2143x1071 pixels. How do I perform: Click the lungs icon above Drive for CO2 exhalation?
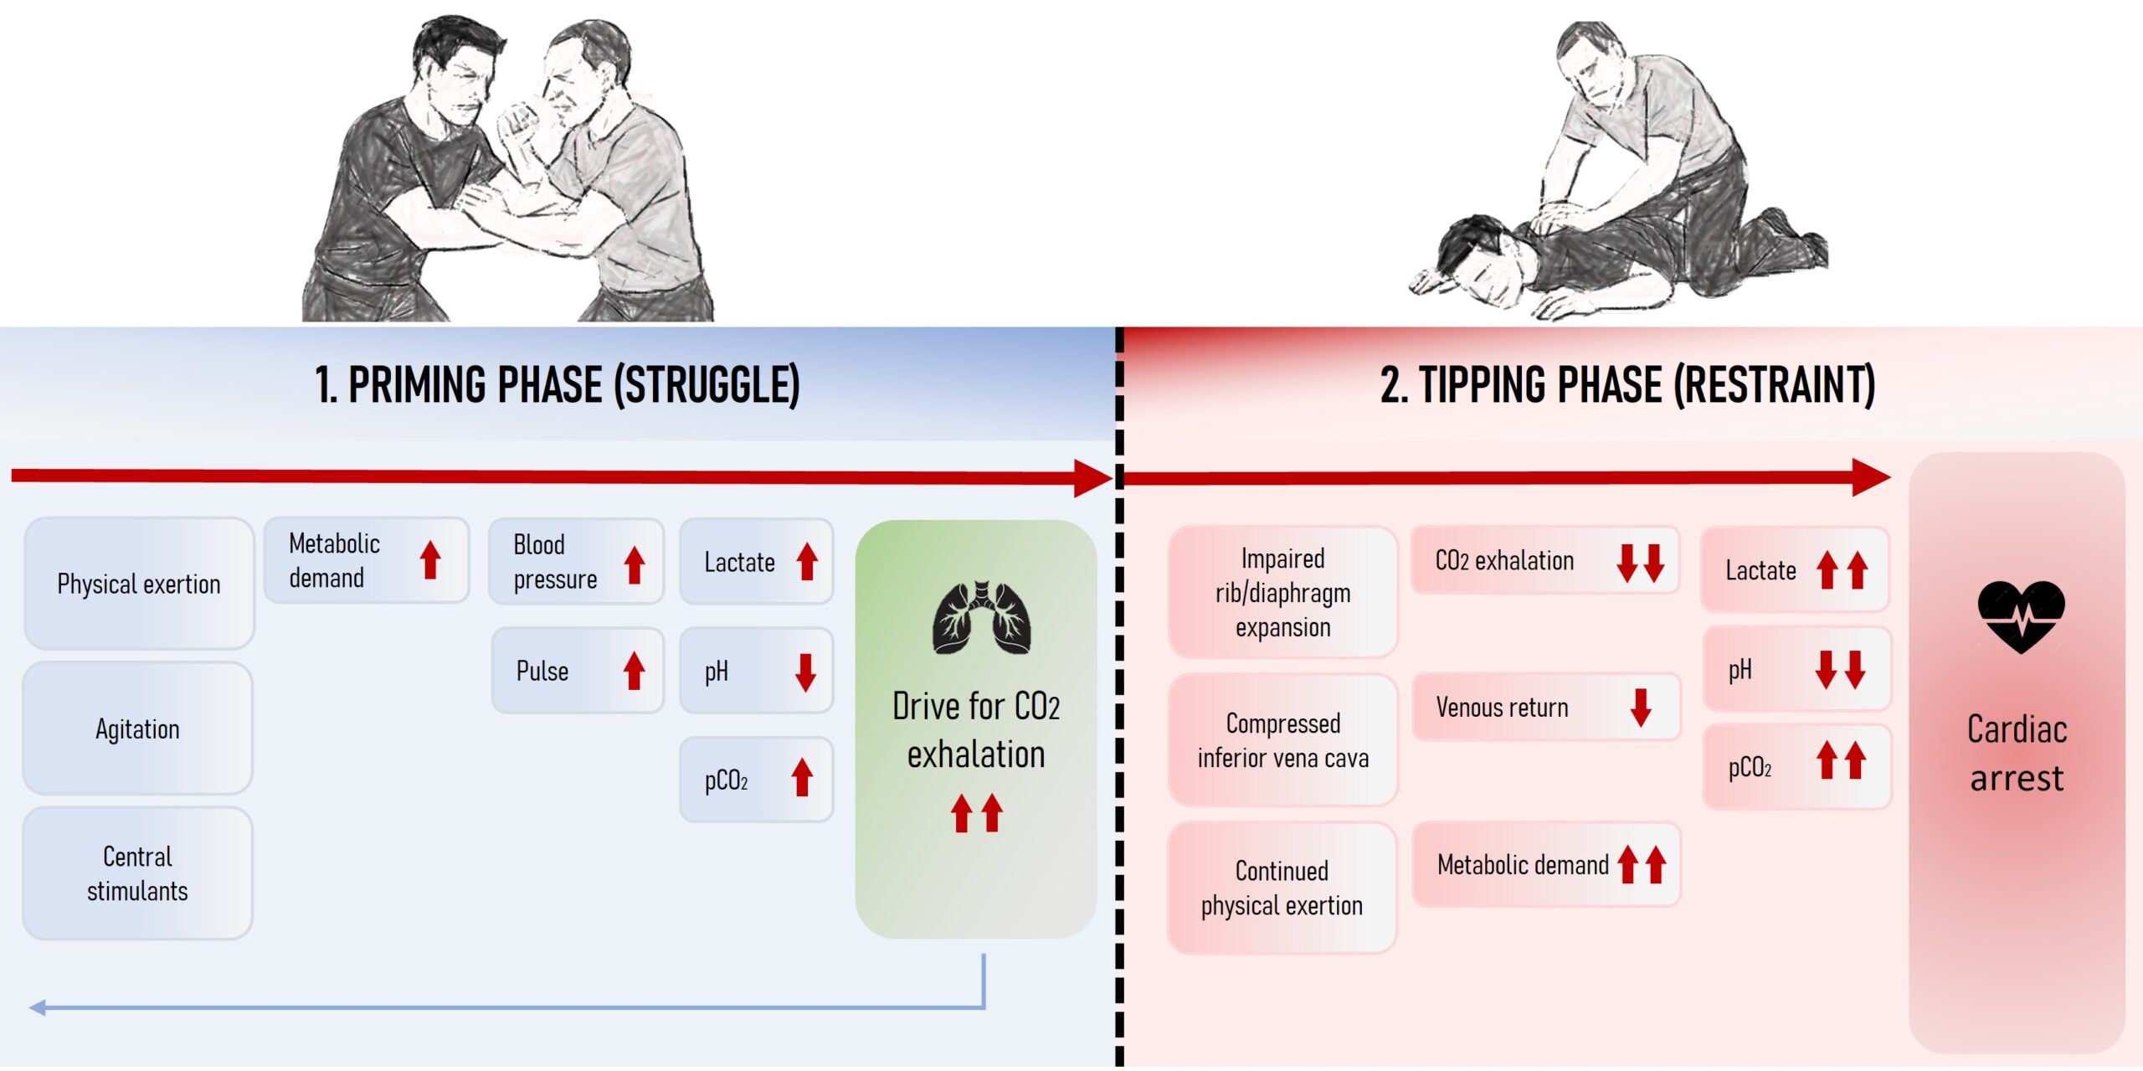pos(981,618)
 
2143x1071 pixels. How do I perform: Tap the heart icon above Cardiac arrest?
pos(2021,616)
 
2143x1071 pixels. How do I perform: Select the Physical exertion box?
pos(139,584)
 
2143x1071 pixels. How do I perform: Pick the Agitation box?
pos(137,729)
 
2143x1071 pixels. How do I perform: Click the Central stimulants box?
pos(137,873)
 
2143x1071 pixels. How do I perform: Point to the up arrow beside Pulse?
pos(635,671)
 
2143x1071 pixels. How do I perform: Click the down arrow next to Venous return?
pos(1641,708)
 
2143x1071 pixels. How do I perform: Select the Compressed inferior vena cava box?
pos(1282,740)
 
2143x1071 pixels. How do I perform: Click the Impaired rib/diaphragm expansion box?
pos(1282,592)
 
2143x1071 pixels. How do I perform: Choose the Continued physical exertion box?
pos(1282,888)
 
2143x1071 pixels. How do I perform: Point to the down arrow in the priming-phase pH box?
pos(805,672)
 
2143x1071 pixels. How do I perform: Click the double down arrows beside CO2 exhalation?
pos(1640,563)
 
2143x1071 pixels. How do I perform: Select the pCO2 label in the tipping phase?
pos(1750,768)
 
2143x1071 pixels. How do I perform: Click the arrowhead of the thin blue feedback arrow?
pos(36,1007)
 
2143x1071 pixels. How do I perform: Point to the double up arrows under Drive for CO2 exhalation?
pos(976,812)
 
